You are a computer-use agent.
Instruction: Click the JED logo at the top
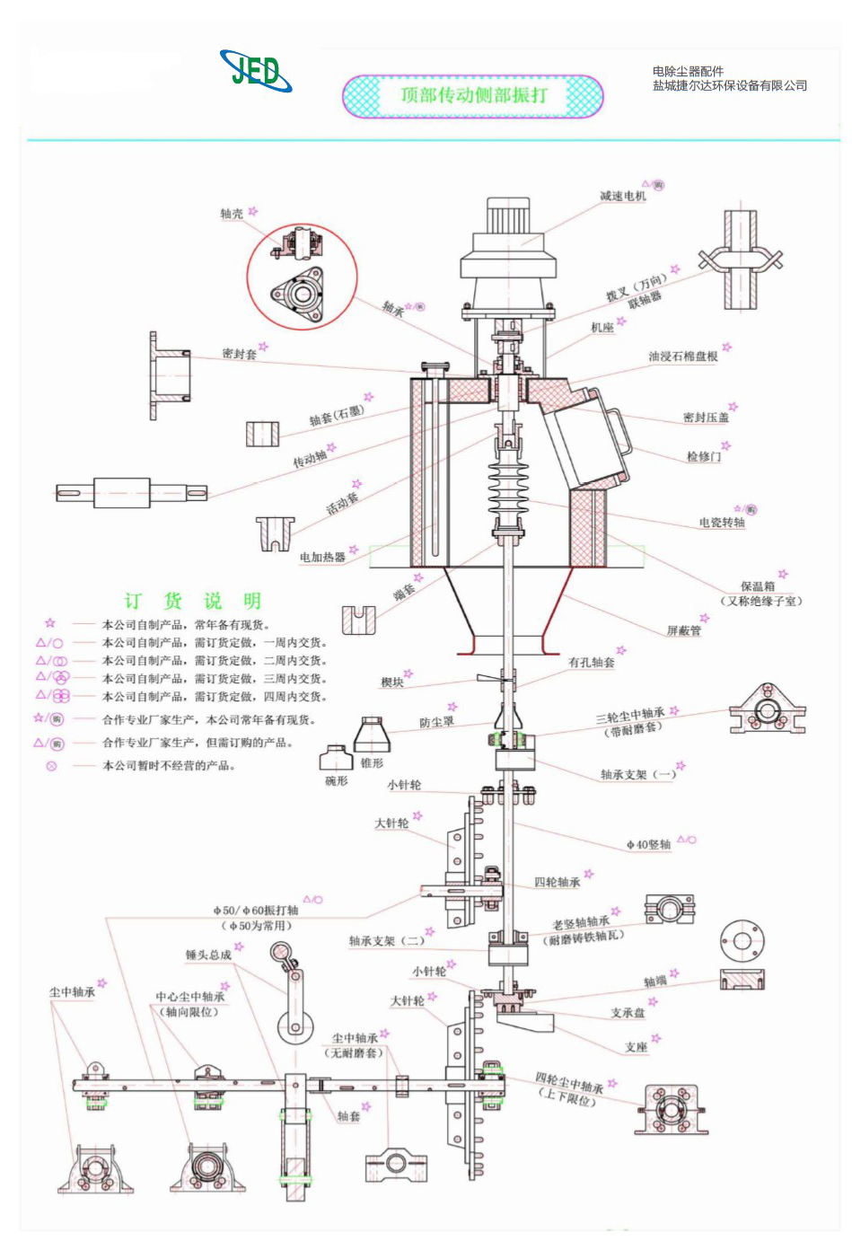(x=256, y=71)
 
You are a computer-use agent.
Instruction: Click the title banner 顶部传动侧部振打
(x=473, y=95)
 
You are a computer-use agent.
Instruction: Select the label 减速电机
(x=622, y=196)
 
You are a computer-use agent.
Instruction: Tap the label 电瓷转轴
(x=721, y=522)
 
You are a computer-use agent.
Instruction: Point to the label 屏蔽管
(x=683, y=630)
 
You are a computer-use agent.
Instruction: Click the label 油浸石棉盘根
(x=682, y=357)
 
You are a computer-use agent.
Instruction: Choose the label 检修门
(x=703, y=456)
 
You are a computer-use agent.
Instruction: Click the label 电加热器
(x=322, y=557)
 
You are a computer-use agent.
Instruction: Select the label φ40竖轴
(x=648, y=844)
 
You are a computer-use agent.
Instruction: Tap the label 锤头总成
(x=208, y=955)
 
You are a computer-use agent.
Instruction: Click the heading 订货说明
(x=192, y=601)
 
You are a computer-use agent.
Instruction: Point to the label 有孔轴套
(x=591, y=662)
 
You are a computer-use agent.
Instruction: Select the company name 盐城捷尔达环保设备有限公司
(x=729, y=86)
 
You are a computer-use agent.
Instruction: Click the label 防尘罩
(x=436, y=721)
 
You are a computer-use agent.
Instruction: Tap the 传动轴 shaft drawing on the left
(x=131, y=492)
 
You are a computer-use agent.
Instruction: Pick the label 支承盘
(x=627, y=1012)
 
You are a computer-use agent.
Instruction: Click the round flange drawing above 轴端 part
(x=742, y=941)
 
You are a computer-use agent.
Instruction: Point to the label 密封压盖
(x=706, y=418)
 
